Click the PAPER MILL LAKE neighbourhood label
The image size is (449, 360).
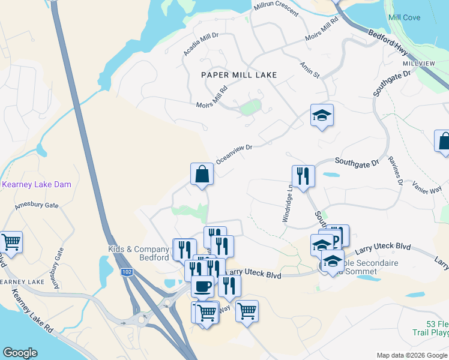(239, 75)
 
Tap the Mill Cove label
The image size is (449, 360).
(404, 17)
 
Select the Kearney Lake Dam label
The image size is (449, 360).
(37, 184)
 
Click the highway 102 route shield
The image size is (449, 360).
(126, 272)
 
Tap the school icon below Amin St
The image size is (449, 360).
(322, 115)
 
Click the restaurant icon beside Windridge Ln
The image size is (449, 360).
(303, 176)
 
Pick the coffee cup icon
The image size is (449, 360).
(203, 286)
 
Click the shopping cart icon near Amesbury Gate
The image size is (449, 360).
(11, 242)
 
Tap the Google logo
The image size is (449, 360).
(20, 353)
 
